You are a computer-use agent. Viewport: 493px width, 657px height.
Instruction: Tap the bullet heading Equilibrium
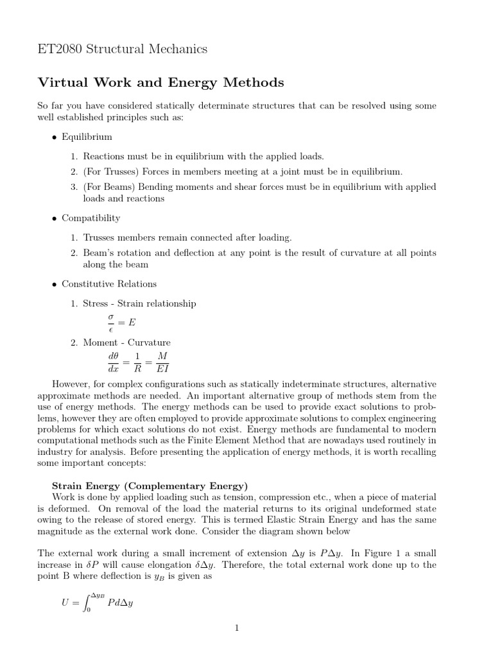pyautogui.click(x=87, y=137)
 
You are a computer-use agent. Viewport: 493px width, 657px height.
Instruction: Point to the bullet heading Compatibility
pyautogui.click(x=91, y=218)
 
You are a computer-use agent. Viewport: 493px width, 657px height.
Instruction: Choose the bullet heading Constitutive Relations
pyautogui.click(x=108, y=284)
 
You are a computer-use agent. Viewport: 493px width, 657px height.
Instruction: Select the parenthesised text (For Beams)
pyautogui.click(x=109, y=187)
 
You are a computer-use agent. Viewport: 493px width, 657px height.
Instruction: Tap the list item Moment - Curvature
pyautogui.click(x=126, y=343)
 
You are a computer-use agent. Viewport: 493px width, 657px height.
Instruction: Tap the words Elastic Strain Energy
pyautogui.click(x=309, y=520)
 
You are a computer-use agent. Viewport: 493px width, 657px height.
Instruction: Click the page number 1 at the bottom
pyautogui.click(x=237, y=628)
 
